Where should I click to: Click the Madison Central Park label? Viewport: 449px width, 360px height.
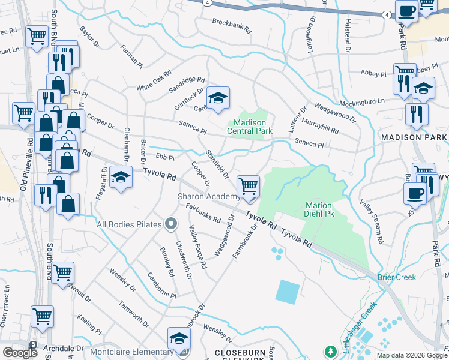(250, 127)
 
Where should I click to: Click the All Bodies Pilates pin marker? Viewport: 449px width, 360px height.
(171, 224)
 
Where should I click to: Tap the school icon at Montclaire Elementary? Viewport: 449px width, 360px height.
(179, 339)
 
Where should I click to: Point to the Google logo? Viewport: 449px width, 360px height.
(20, 353)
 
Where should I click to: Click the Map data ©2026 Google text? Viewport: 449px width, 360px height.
(412, 355)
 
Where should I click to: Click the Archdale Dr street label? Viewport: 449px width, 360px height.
(63, 348)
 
